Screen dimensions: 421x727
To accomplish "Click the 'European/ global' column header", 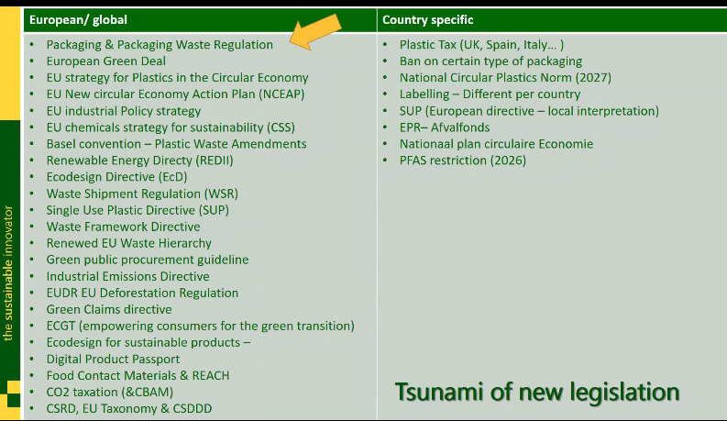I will click(x=78, y=19).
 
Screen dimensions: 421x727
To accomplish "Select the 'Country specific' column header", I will click(x=428, y=19).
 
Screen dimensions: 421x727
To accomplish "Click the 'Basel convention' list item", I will click(x=176, y=144).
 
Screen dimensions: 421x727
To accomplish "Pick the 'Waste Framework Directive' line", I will click(x=123, y=227).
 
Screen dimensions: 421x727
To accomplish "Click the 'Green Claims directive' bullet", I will click(x=108, y=309).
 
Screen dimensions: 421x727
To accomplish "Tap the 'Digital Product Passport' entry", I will click(x=113, y=359).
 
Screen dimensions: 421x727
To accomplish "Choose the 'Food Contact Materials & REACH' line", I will click(x=138, y=375).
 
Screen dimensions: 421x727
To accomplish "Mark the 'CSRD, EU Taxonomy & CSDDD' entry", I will click(x=128, y=408).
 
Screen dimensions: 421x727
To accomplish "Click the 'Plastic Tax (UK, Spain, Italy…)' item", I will click(x=481, y=44).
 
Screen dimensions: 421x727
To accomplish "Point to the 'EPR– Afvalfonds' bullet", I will click(x=445, y=127).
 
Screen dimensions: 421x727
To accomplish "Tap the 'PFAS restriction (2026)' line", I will click(x=462, y=161).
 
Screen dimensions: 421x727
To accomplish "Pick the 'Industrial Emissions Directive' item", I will click(x=127, y=276).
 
